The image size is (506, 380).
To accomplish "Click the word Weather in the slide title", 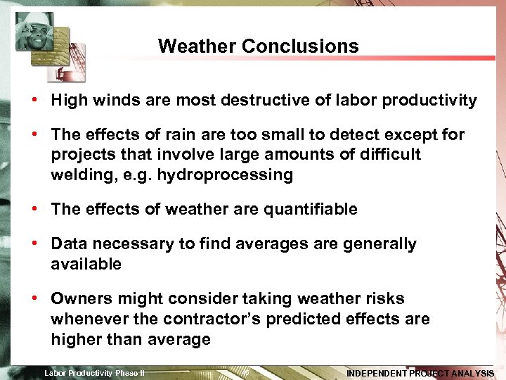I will click(x=197, y=46).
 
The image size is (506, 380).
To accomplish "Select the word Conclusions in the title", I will click(x=300, y=46).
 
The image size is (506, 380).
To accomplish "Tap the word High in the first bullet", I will click(x=68, y=101).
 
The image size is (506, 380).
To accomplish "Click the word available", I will click(x=86, y=265).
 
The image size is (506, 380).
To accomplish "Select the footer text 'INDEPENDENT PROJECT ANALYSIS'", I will click(x=420, y=373).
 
